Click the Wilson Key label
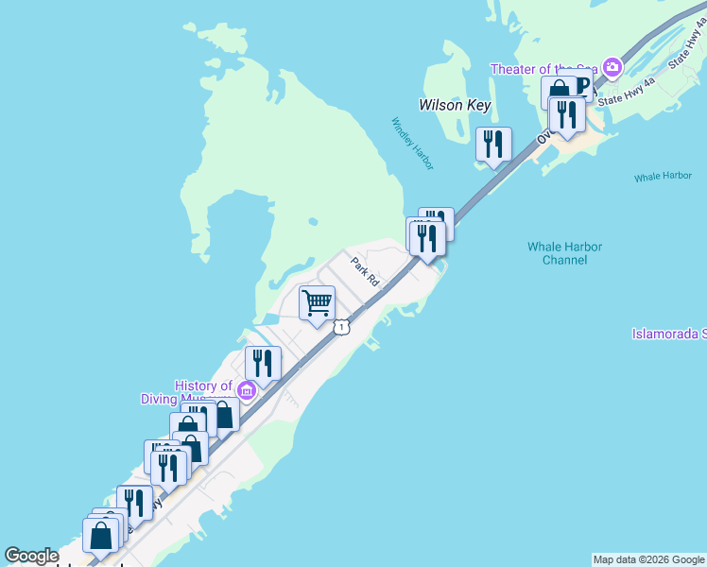[x=455, y=105]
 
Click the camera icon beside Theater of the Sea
[x=612, y=67]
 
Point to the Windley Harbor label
[x=413, y=144]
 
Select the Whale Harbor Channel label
[x=564, y=253]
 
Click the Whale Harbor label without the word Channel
[x=663, y=177]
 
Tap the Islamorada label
[x=669, y=334]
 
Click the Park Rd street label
[x=365, y=271]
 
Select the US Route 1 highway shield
[x=341, y=326]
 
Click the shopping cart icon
[x=317, y=303]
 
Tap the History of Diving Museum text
[x=203, y=392]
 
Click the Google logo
[x=31, y=556]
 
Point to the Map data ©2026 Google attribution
[x=648, y=559]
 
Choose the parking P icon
[x=580, y=90]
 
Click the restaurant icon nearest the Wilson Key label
[x=493, y=144]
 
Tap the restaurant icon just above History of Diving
[x=263, y=362]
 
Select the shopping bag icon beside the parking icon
[x=559, y=93]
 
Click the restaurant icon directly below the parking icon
[x=567, y=114]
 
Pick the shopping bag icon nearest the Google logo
[x=101, y=536]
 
